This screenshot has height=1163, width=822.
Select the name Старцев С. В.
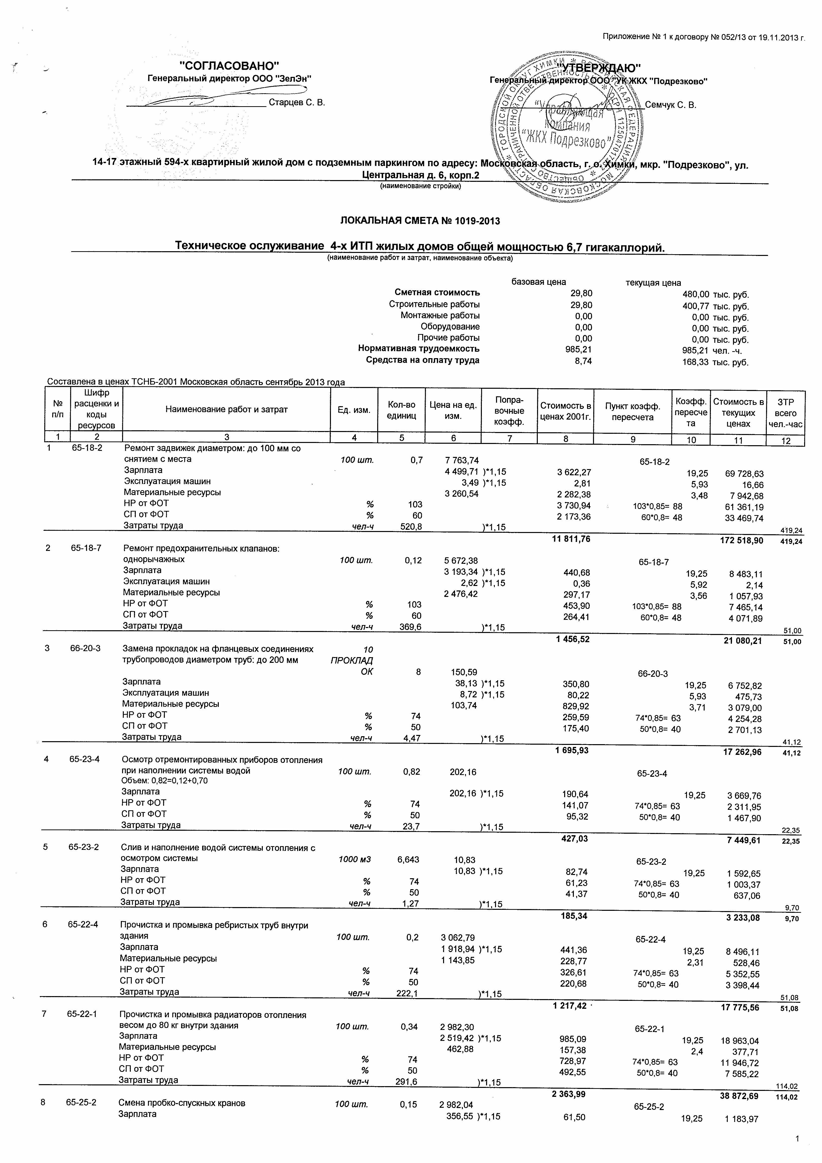click(x=297, y=103)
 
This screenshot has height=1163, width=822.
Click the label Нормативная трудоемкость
click(x=419, y=348)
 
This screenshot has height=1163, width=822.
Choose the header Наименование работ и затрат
click(x=227, y=409)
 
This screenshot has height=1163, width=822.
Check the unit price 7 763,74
click(x=461, y=460)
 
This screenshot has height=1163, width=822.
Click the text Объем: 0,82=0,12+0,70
click(x=165, y=780)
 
